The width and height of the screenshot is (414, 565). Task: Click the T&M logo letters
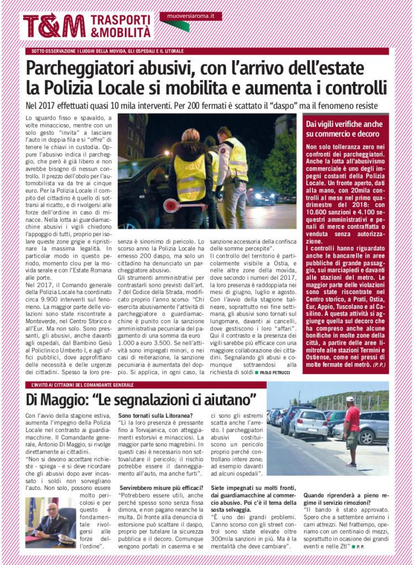54,26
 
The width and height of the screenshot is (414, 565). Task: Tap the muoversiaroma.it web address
190,16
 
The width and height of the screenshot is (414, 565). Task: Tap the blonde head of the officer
190,134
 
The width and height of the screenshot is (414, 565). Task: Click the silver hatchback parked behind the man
308,424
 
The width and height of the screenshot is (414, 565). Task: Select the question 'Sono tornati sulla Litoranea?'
155,415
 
